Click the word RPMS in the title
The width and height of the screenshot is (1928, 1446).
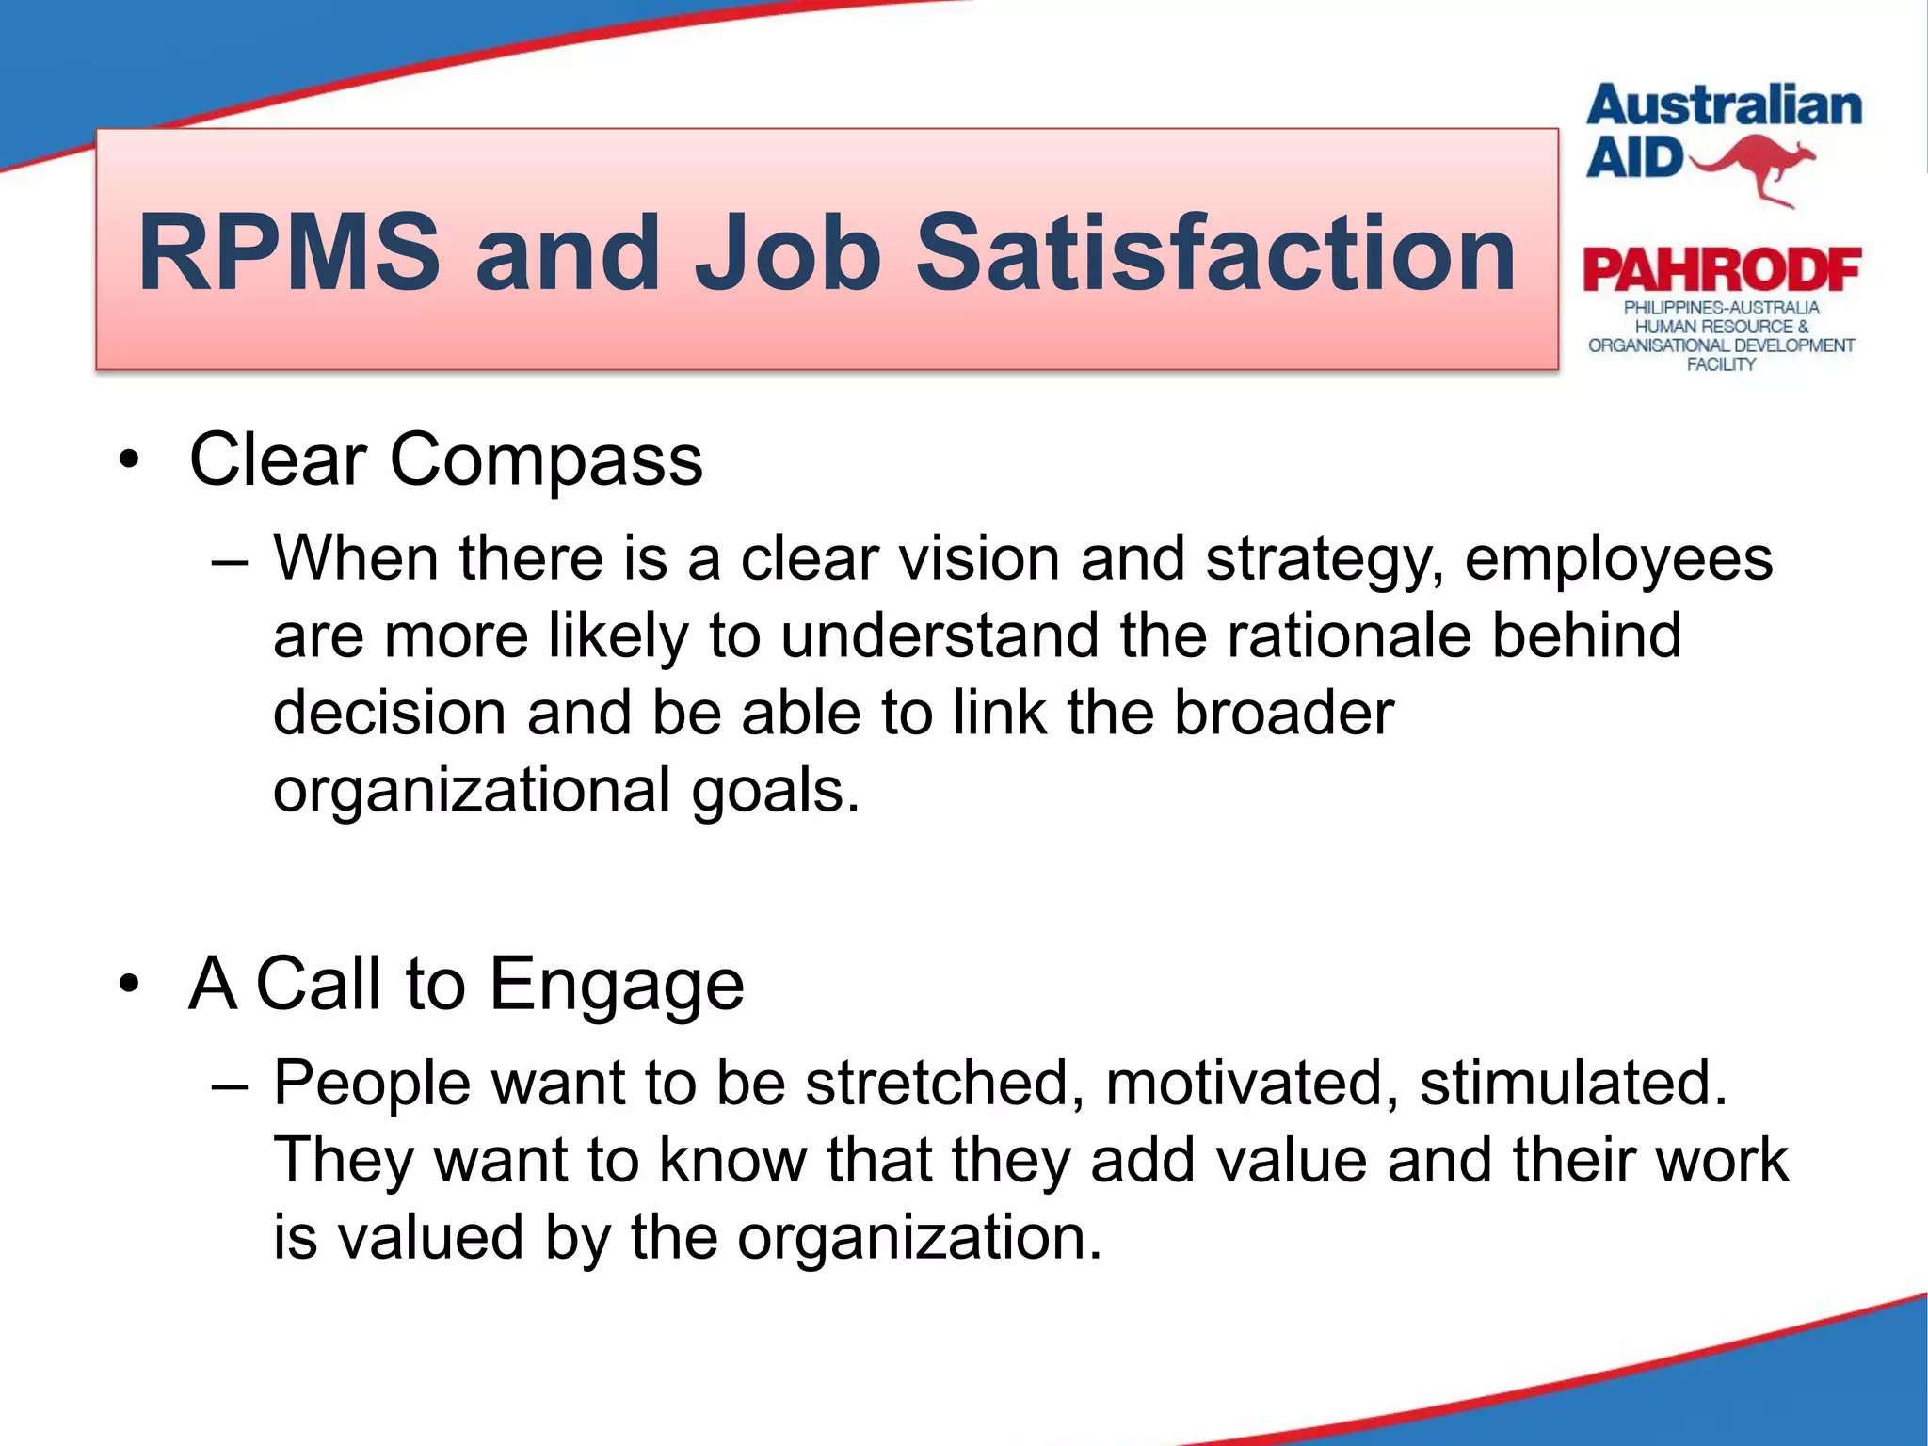click(x=289, y=252)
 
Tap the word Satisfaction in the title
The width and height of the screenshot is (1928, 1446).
click(x=1215, y=252)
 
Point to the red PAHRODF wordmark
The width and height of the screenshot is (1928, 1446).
click(x=1721, y=271)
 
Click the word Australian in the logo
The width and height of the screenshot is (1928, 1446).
click(x=1724, y=106)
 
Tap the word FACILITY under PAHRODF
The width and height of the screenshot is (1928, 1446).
click(x=1721, y=364)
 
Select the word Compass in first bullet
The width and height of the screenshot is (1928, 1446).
click(x=546, y=460)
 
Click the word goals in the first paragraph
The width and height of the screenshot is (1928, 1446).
click(x=776, y=792)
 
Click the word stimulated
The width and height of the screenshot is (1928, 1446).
click(x=1573, y=1084)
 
